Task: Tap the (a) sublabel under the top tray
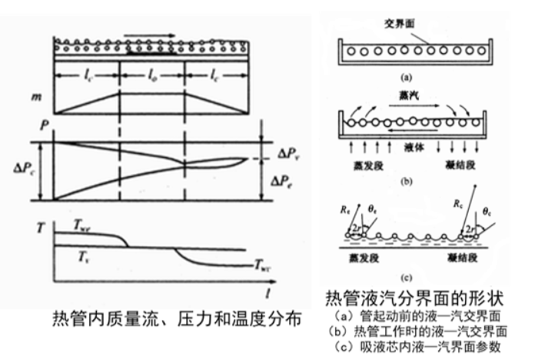pos(409,77)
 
